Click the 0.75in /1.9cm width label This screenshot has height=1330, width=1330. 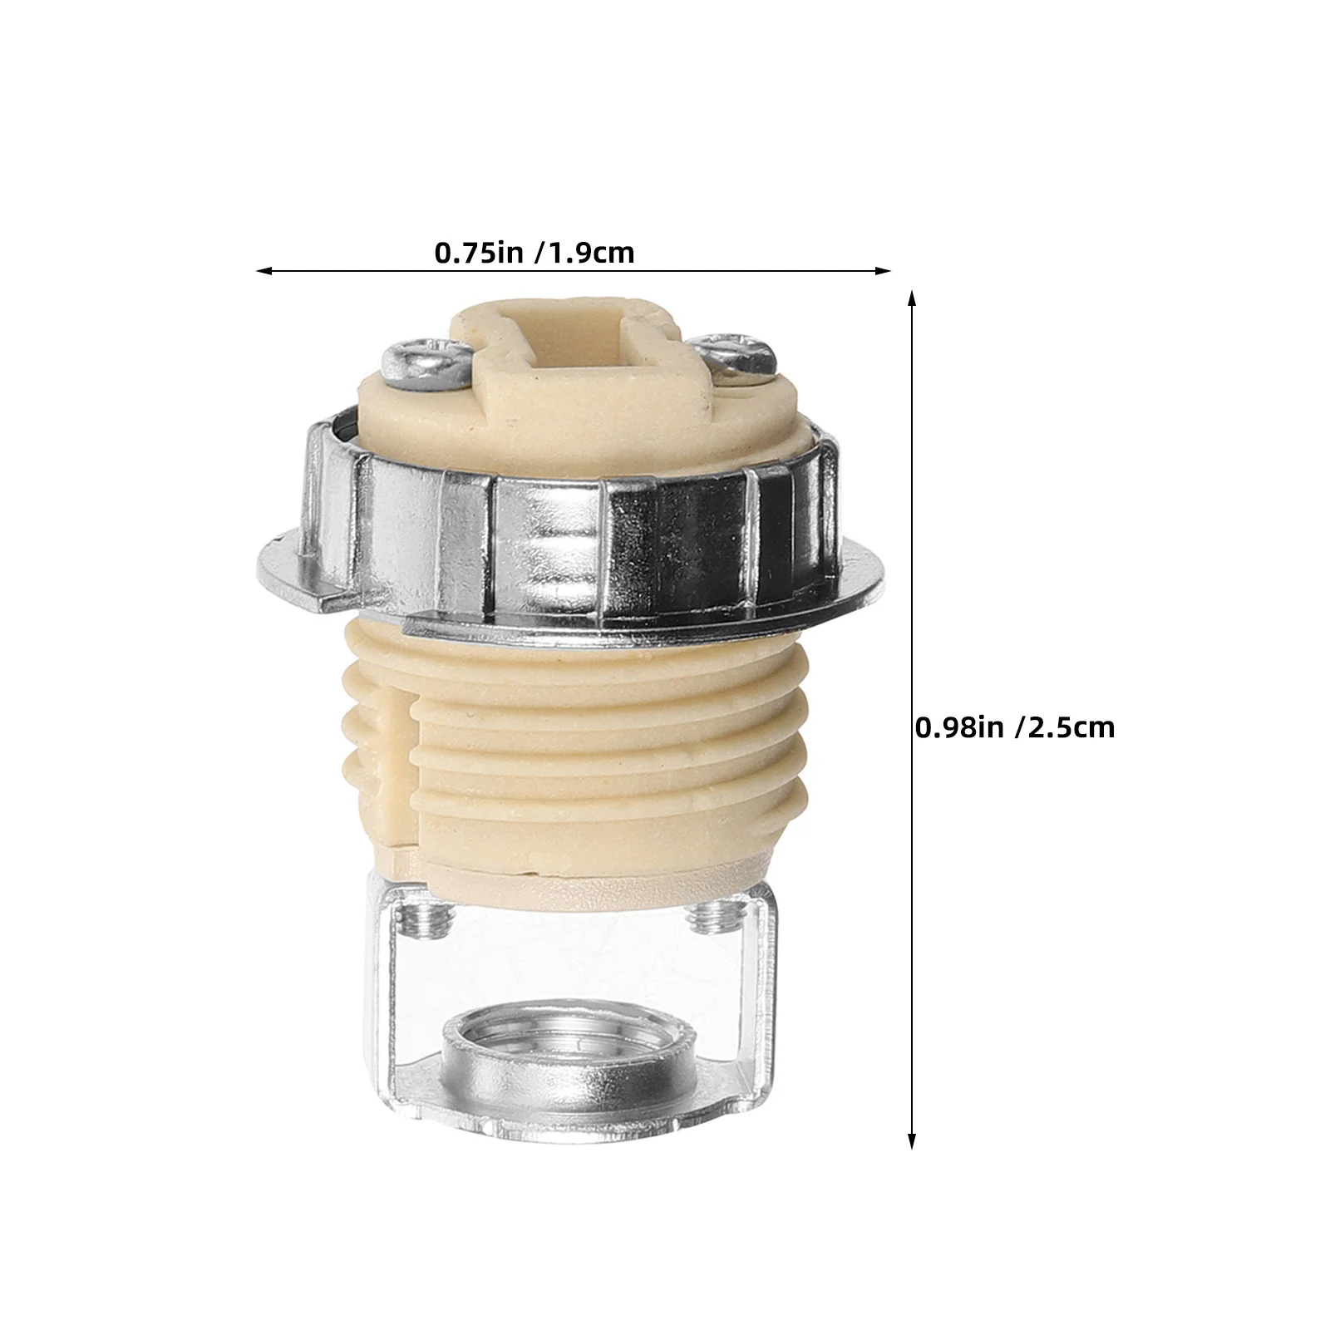pos(534,253)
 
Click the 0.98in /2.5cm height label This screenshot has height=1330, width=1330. pos(1014,727)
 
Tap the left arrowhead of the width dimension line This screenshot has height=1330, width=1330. pos(264,270)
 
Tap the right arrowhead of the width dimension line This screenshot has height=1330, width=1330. pos(883,270)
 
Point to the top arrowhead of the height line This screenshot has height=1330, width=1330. pos(912,299)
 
